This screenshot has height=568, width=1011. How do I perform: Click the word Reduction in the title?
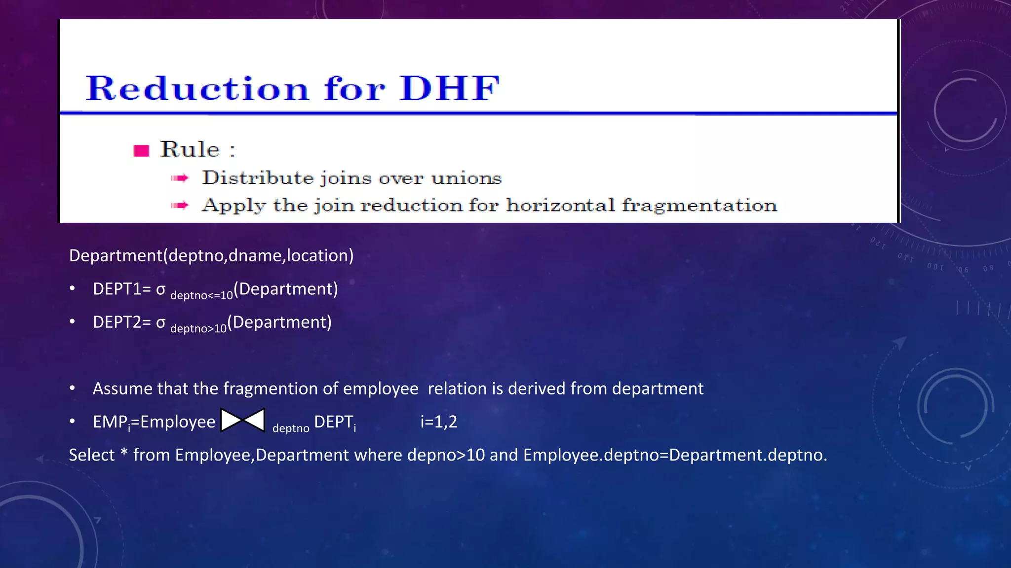(197, 89)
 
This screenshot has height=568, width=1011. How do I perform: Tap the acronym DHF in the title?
(450, 89)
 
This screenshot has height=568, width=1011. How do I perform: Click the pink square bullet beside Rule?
(141, 150)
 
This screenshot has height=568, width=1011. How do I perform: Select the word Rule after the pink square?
(190, 149)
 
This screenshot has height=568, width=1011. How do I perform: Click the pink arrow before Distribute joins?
(180, 178)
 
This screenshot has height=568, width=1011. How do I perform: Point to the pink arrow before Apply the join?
(180, 205)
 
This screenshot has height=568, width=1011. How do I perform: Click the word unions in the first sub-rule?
(467, 178)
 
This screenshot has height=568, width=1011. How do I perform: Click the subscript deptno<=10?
(201, 295)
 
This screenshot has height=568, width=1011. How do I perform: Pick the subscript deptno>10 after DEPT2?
(198, 328)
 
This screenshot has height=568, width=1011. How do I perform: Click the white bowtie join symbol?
(243, 421)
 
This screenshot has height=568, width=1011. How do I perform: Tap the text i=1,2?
(439, 422)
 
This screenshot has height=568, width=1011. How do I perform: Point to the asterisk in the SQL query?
(124, 453)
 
